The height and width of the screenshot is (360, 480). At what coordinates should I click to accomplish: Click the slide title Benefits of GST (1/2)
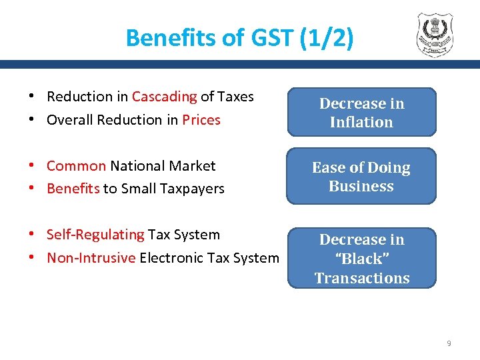click(x=239, y=37)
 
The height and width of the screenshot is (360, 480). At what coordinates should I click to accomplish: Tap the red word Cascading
click(x=164, y=97)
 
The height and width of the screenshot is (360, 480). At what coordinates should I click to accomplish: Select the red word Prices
click(x=201, y=120)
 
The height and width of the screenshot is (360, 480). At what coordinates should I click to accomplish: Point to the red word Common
click(x=76, y=166)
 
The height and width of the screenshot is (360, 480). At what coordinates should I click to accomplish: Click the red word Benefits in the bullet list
click(x=73, y=189)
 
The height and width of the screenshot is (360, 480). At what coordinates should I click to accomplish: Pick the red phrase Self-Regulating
click(x=95, y=235)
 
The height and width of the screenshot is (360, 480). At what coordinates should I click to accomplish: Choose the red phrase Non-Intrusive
click(x=91, y=258)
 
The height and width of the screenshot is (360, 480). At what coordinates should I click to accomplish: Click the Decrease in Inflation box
click(x=361, y=113)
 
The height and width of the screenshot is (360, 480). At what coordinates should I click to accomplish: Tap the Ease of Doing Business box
click(x=361, y=177)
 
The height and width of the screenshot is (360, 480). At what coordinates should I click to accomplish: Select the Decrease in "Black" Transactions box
click(x=361, y=259)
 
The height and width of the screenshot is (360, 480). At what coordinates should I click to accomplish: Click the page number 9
click(x=449, y=343)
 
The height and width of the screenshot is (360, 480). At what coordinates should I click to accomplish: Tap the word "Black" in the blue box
click(x=361, y=259)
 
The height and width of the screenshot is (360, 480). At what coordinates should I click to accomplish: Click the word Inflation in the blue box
click(x=361, y=122)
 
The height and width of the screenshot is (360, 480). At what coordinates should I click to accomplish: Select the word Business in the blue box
click(x=361, y=186)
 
